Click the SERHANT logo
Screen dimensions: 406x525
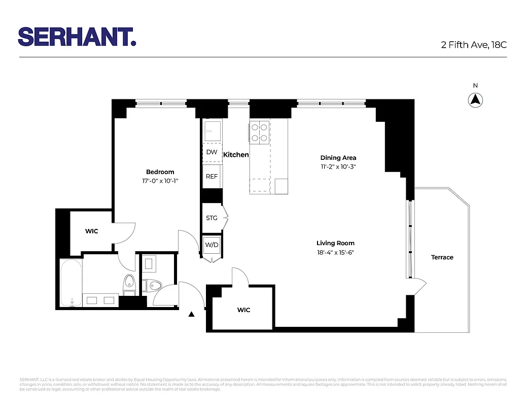pos(77,37)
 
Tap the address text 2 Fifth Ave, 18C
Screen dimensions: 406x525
pos(473,45)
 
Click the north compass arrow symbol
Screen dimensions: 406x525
pos(475,100)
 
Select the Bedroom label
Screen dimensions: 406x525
pos(160,172)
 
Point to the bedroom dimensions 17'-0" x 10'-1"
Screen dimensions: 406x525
pos(160,181)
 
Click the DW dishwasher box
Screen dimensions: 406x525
pos(212,152)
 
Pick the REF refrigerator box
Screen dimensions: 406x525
pos(212,177)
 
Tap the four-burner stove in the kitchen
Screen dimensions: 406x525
pos(259,132)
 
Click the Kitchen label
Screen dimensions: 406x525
pos(236,155)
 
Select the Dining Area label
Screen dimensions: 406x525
pos(338,158)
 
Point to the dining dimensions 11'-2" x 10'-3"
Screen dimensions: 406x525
pos(338,166)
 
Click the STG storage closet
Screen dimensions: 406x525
pos(212,218)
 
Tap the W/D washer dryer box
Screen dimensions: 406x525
pos(212,245)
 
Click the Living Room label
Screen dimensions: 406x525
pos(335,243)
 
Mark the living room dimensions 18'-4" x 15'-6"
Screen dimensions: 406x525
pos(335,252)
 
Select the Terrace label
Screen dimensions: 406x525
pos(442,257)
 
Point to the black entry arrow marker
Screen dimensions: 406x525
pos(191,315)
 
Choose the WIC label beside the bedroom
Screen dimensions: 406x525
pos(91,231)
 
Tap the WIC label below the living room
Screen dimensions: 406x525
pos(243,310)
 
